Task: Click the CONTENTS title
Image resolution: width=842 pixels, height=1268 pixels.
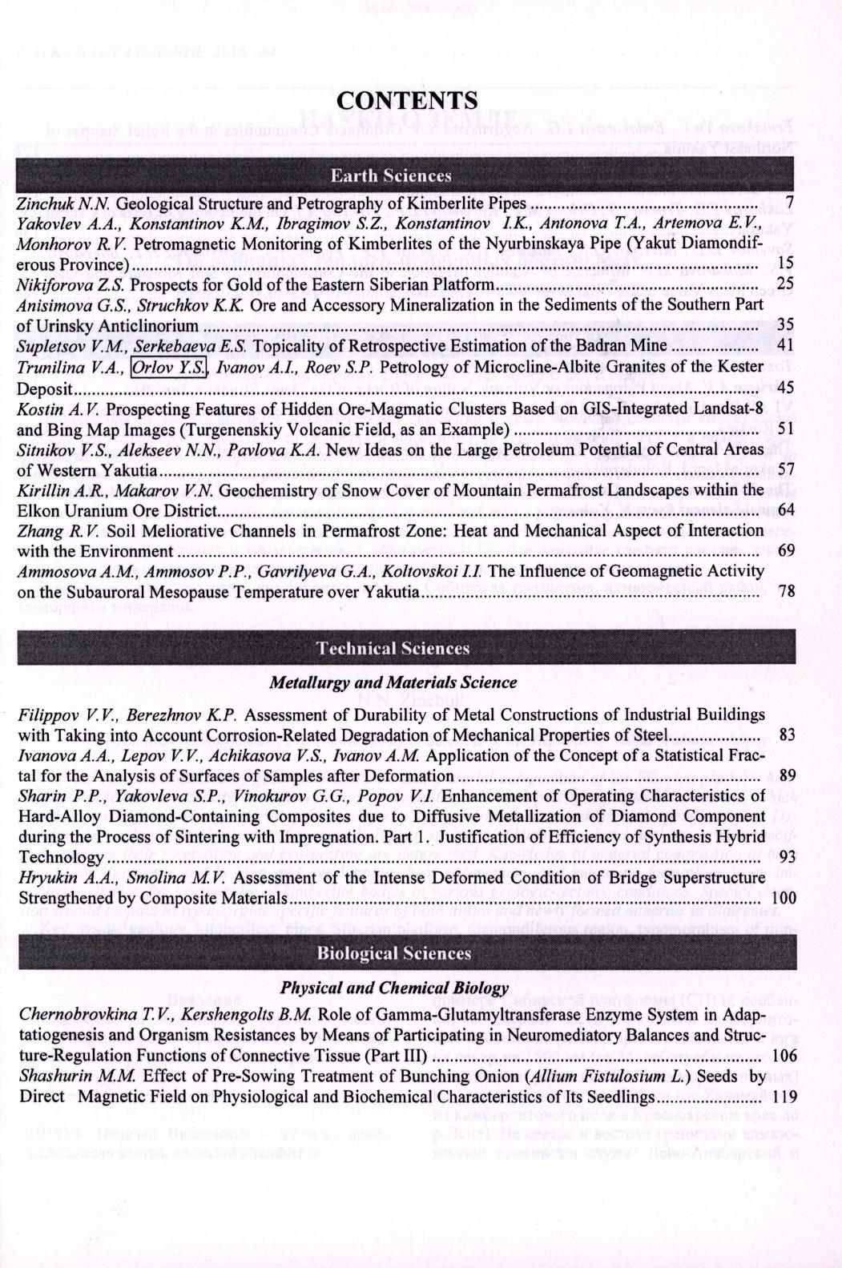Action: [407, 100]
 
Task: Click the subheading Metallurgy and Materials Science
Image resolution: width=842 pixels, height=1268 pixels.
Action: [393, 682]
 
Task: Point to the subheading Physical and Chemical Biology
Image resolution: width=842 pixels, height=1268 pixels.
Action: [394, 988]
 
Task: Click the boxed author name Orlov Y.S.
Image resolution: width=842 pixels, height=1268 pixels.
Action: [168, 368]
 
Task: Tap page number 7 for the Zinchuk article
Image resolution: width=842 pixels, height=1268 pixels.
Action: [789, 203]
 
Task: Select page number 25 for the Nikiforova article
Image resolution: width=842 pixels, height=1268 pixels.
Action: [785, 284]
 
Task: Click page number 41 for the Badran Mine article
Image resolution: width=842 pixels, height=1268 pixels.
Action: [785, 346]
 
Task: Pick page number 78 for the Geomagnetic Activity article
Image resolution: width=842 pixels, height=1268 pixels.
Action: [785, 592]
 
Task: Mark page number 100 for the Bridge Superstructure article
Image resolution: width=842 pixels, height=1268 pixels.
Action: [782, 899]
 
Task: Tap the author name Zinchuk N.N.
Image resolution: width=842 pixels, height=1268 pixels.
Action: [65, 203]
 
